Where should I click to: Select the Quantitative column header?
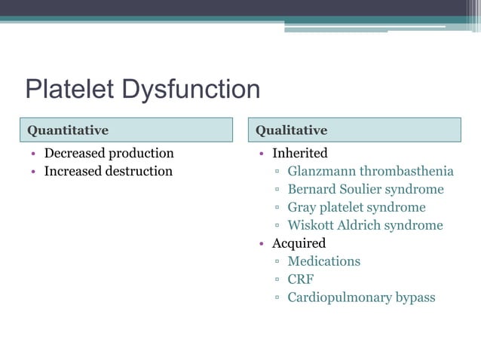68,130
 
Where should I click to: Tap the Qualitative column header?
291,130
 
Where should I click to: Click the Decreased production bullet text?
109,154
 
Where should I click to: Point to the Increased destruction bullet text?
108,171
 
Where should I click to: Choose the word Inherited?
299,154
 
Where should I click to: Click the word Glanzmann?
322,171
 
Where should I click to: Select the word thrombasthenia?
406,171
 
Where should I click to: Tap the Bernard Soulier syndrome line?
365,189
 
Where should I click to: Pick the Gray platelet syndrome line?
356,207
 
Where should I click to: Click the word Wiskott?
313,225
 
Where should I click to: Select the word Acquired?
299,243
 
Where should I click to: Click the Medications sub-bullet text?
323,261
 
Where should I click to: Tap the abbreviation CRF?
301,279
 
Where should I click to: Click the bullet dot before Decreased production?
33,154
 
